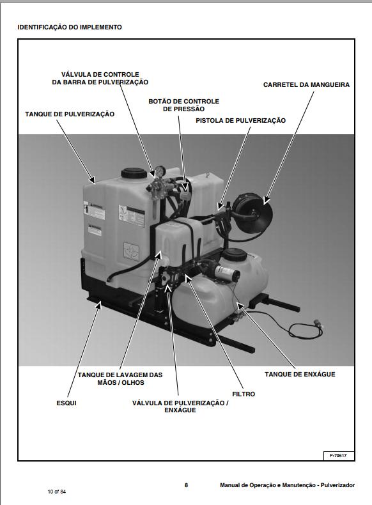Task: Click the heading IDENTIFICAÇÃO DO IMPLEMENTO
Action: (x=70, y=27)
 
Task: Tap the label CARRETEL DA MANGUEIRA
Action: (x=306, y=84)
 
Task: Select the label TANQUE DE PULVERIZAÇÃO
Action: (x=70, y=114)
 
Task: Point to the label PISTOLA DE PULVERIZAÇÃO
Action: (x=240, y=120)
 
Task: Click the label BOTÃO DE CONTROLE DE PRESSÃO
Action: (x=183, y=105)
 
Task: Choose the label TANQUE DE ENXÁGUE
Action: (x=300, y=374)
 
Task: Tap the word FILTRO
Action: (x=243, y=394)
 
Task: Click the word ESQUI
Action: (x=66, y=403)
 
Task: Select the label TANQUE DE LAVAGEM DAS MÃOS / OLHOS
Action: (x=120, y=378)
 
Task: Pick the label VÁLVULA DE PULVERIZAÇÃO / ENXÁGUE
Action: (x=180, y=406)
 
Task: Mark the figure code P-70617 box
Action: (x=337, y=455)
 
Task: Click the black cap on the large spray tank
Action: (x=132, y=173)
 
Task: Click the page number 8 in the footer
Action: (x=186, y=485)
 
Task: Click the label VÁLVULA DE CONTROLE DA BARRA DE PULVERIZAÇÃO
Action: (x=100, y=79)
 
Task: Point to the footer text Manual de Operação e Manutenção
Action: (x=287, y=485)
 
